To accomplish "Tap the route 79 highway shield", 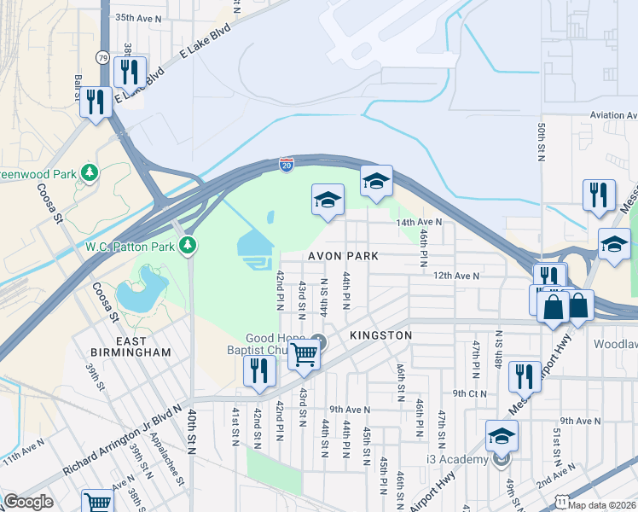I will [x=101, y=56].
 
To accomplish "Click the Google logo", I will [x=28, y=502].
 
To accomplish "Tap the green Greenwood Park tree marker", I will [x=90, y=173].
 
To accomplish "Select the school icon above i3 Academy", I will [x=502, y=435].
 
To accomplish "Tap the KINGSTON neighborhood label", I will [x=380, y=335].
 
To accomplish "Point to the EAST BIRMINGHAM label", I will [x=131, y=346].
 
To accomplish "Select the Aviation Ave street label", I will [x=612, y=115].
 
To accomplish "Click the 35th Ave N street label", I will [x=137, y=17].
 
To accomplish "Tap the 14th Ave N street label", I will [x=419, y=222].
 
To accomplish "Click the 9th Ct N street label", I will [x=469, y=393].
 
